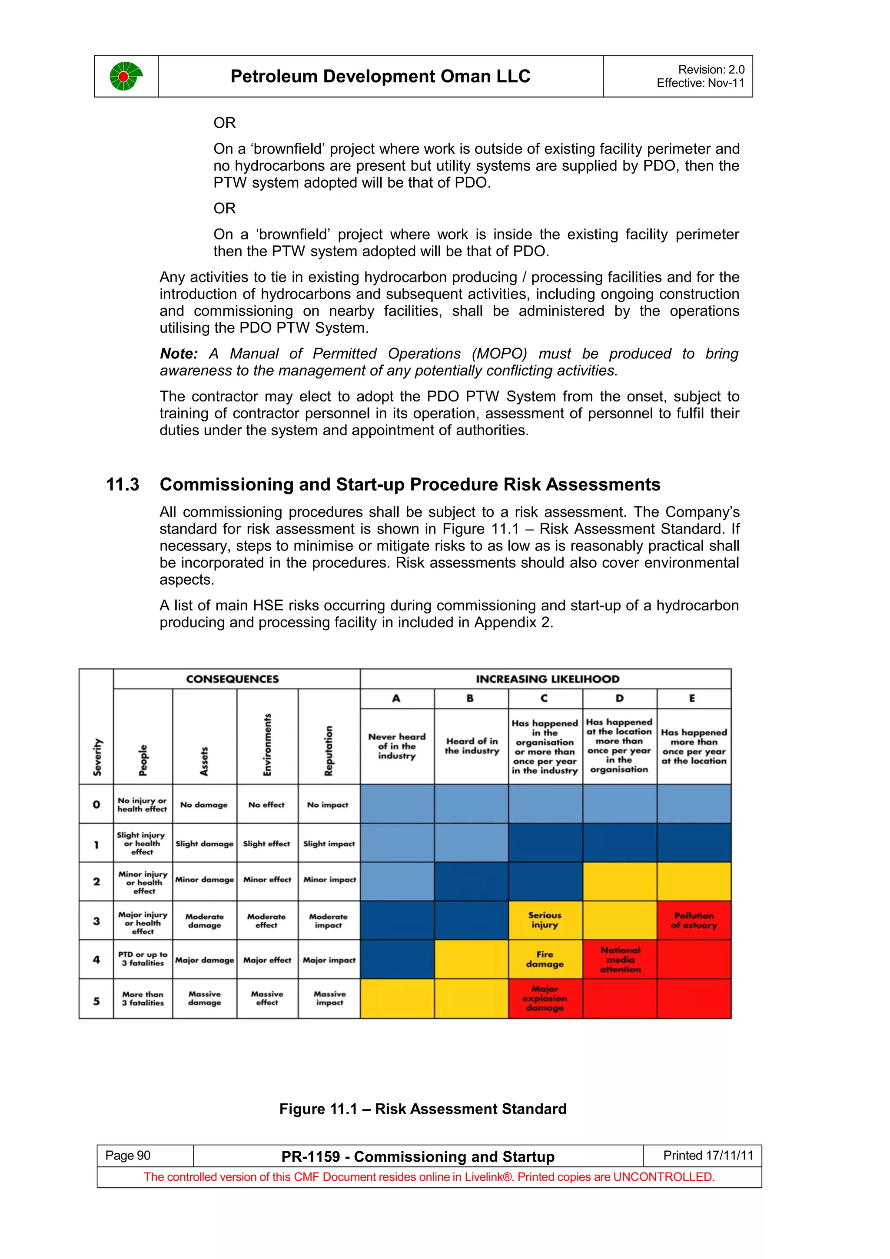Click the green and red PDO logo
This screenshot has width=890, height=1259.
126,76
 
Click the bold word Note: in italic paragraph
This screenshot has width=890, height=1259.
179,354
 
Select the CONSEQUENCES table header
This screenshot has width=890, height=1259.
232,679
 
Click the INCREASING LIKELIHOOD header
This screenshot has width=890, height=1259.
547,679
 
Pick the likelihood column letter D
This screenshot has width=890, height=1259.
619,698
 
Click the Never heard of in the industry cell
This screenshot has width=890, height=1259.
397,746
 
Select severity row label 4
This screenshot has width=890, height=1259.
96,960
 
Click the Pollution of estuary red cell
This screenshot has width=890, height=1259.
694,921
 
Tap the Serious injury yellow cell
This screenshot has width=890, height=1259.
545,920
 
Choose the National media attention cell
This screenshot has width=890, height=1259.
620,960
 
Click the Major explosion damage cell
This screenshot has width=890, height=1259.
545,998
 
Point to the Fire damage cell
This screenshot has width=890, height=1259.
545,959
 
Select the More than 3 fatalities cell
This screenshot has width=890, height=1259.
143,998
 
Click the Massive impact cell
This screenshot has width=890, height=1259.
329,998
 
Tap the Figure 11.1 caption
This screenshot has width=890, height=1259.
423,1109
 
